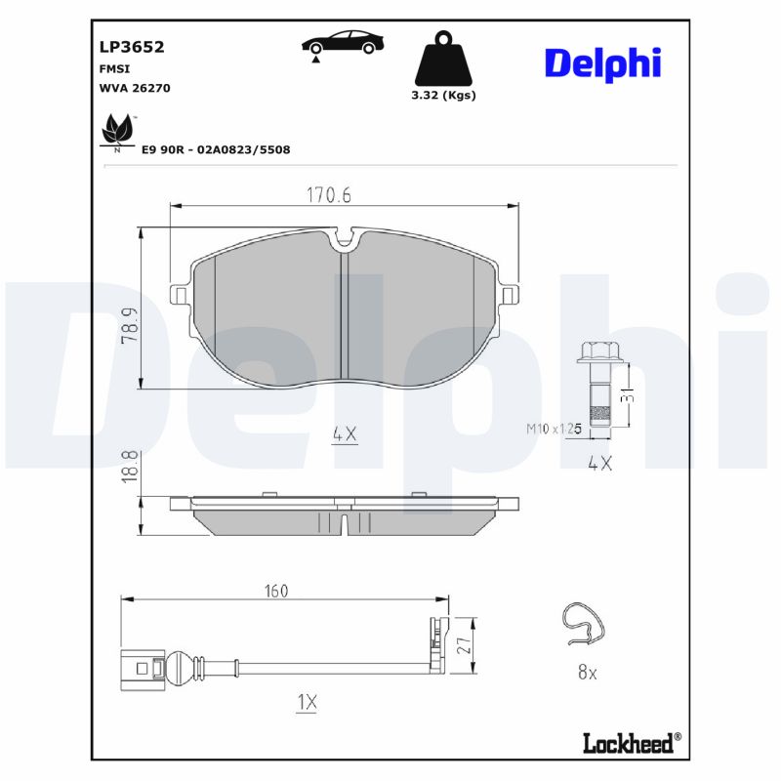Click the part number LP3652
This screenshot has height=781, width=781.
[x=132, y=46]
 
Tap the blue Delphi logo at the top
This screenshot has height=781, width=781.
[x=602, y=63]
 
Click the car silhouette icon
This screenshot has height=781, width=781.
[x=342, y=44]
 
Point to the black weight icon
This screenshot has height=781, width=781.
[x=443, y=61]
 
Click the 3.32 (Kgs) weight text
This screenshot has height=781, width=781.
[x=443, y=96]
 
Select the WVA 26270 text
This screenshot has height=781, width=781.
[x=135, y=87]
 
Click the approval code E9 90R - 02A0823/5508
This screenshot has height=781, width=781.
[x=216, y=149]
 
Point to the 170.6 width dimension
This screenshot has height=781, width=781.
[x=328, y=195]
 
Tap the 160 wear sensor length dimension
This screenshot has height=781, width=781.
[x=276, y=591]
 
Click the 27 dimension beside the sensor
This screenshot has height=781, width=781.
[x=464, y=645]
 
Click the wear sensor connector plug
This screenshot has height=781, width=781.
[x=144, y=669]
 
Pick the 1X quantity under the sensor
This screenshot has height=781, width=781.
[x=307, y=702]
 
